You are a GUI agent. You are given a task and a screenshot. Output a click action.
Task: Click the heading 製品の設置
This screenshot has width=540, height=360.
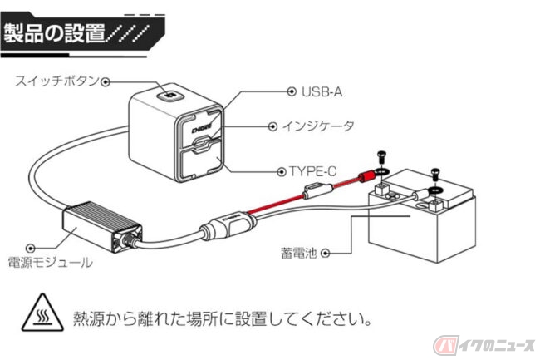[x=54, y=33]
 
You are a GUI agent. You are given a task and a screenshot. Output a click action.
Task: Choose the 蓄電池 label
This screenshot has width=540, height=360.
[x=302, y=249]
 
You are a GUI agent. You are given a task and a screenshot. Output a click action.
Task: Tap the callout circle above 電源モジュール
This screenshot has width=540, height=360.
[x=32, y=248]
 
